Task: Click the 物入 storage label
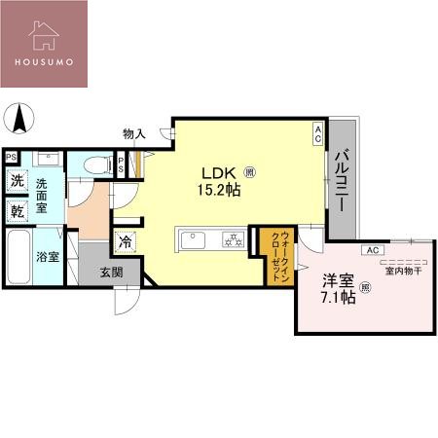pos(135,132)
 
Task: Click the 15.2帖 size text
pos(220,189)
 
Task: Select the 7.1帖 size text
pos(338,297)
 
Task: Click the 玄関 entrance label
pos(111,274)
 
